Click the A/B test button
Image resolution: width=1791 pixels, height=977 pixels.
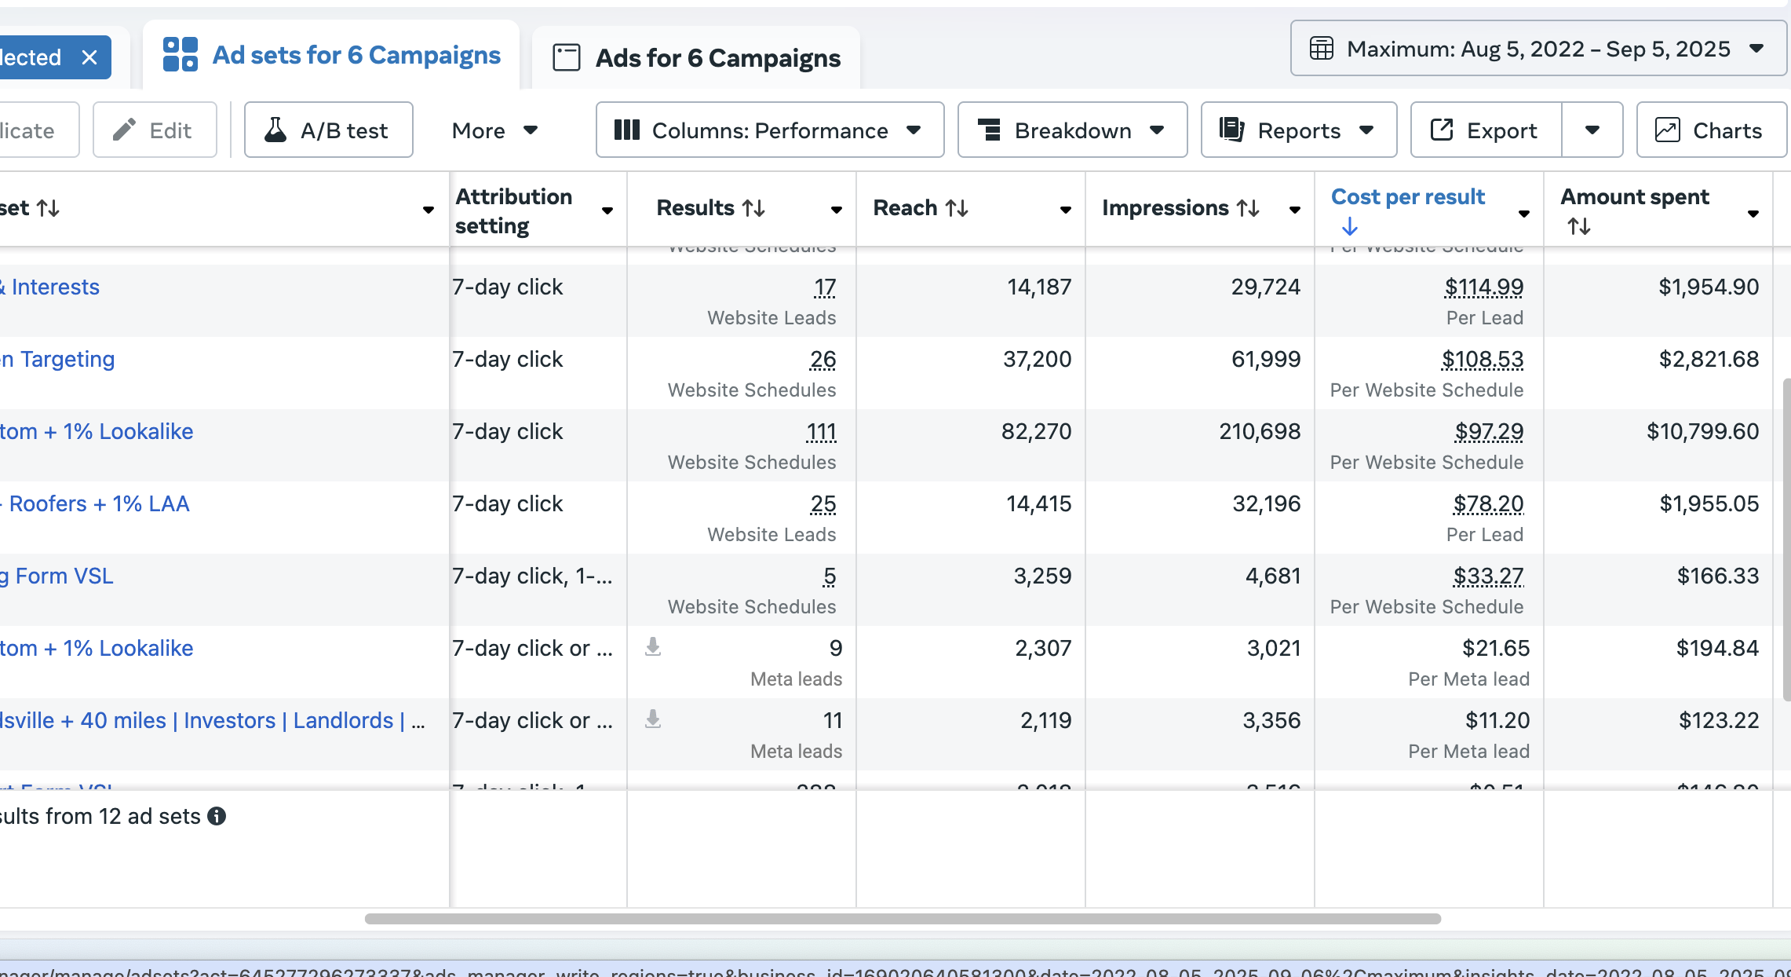pyautogui.click(x=328, y=130)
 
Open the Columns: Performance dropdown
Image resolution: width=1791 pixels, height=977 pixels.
pyautogui.click(x=769, y=130)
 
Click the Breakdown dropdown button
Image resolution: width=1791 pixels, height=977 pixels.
pyautogui.click(x=1072, y=130)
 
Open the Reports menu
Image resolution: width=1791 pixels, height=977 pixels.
pyautogui.click(x=1298, y=130)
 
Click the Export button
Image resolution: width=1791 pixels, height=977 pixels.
pyautogui.click(x=1486, y=130)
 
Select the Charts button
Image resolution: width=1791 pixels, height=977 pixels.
pyautogui.click(x=1711, y=130)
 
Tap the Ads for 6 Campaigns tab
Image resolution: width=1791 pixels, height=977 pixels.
pyautogui.click(x=696, y=58)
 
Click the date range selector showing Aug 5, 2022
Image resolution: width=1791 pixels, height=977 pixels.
pyautogui.click(x=1537, y=49)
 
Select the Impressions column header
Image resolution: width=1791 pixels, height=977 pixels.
pyautogui.click(x=1165, y=208)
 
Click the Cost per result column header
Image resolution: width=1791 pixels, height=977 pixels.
pyautogui.click(x=1407, y=197)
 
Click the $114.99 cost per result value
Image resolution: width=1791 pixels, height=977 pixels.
pyautogui.click(x=1483, y=287)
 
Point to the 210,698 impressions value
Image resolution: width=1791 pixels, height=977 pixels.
pyautogui.click(x=1259, y=432)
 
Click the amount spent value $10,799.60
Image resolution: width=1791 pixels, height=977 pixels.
pyautogui.click(x=1702, y=432)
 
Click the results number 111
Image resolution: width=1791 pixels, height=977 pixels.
pyautogui.click(x=821, y=432)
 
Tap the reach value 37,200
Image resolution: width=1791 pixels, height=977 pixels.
pyautogui.click(x=1036, y=360)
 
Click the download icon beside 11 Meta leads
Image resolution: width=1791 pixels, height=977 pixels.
pyautogui.click(x=652, y=719)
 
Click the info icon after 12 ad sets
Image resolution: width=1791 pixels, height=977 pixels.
pyautogui.click(x=217, y=817)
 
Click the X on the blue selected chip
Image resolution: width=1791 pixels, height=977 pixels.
pyautogui.click(x=89, y=57)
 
